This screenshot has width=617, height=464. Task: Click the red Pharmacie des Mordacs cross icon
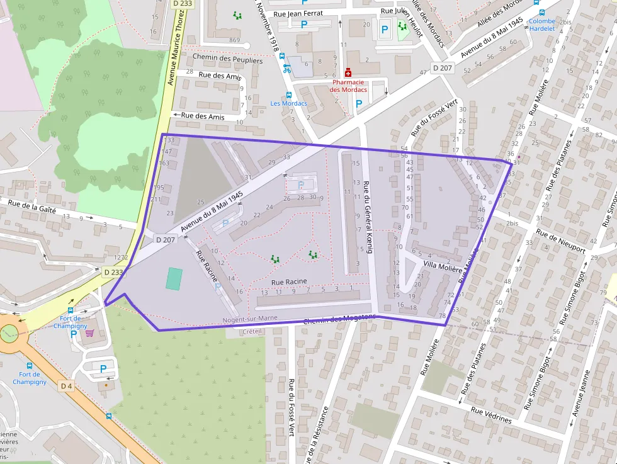click(x=348, y=72)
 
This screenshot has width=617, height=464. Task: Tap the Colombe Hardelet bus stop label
click(x=541, y=25)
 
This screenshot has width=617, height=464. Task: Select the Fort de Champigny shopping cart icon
click(x=89, y=333)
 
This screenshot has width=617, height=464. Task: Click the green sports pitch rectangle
click(x=174, y=278)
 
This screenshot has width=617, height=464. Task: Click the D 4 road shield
click(x=67, y=385)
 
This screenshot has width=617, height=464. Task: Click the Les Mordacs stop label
click(x=288, y=103)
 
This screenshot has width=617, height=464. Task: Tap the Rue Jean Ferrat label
click(x=298, y=13)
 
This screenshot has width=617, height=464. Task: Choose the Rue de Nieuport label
click(x=560, y=241)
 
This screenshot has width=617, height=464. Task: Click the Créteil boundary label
click(x=252, y=331)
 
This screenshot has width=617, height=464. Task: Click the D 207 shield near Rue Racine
click(x=165, y=239)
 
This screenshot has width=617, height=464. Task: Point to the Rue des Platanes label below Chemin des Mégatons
click(x=474, y=368)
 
